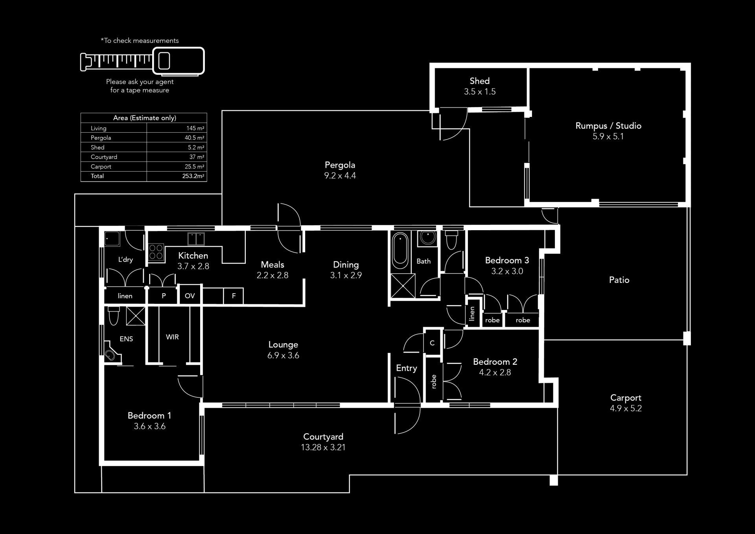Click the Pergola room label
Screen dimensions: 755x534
click(x=340, y=165)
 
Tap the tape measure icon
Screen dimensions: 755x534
click(x=142, y=61)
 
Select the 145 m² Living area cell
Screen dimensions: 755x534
click(x=195, y=128)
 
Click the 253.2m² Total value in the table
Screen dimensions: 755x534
click(x=193, y=176)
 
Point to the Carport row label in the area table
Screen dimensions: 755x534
click(x=101, y=166)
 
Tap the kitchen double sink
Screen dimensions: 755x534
click(x=196, y=239)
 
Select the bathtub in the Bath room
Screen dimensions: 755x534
click(x=401, y=250)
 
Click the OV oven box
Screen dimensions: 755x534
click(x=190, y=296)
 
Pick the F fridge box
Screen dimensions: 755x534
click(x=234, y=296)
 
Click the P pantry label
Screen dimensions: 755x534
click(x=164, y=296)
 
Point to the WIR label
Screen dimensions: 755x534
click(x=172, y=337)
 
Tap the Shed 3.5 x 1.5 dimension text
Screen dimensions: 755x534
click(x=480, y=92)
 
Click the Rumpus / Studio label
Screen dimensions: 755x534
click(x=608, y=126)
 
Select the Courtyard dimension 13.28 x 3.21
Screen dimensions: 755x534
click(x=323, y=447)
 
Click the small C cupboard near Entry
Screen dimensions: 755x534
click(x=432, y=343)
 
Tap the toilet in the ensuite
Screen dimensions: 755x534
click(x=114, y=316)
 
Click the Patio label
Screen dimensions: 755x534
click(x=619, y=280)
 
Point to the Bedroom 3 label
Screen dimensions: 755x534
click(x=507, y=260)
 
